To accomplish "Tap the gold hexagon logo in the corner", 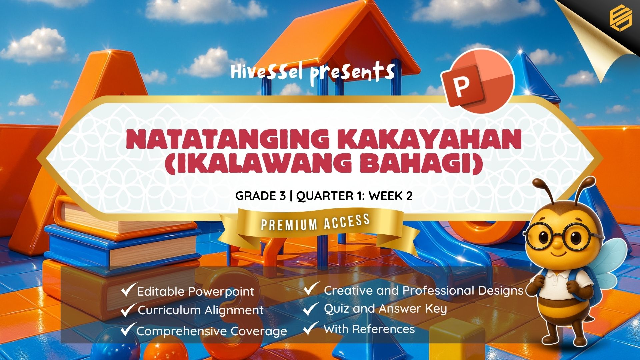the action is pos(620,19).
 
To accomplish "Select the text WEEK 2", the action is pos(390,196).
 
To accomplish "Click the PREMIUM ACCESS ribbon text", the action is pos(315,223).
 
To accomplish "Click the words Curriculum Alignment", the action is pos(201,310).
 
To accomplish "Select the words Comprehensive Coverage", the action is pos(212,331).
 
